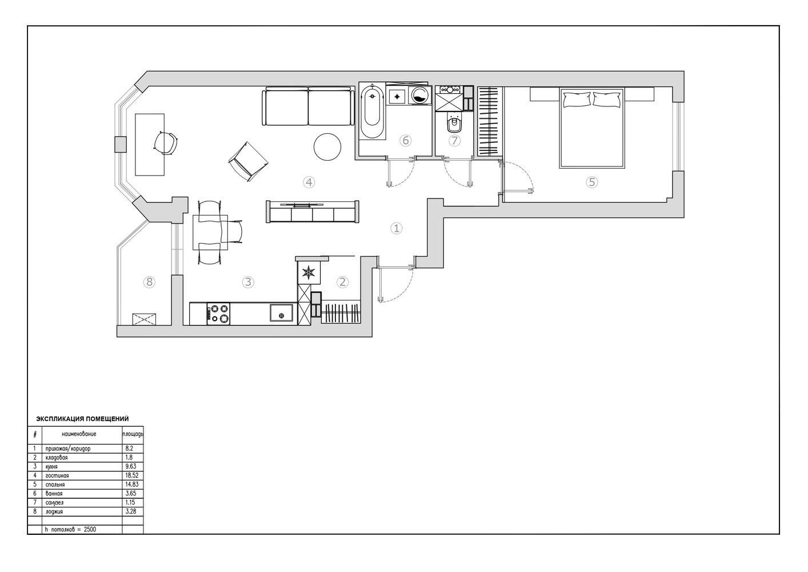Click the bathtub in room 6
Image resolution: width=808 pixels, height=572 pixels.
(372, 112)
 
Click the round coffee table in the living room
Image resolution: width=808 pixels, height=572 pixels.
(327, 147)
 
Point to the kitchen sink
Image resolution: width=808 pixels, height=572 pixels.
(281, 313)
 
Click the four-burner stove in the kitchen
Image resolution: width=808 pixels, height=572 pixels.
(218, 313)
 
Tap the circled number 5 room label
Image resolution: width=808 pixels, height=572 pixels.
(591, 182)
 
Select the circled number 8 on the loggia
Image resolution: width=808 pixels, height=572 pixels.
(149, 281)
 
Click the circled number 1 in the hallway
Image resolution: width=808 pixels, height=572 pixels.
(397, 228)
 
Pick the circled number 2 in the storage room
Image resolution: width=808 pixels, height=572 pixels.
(342, 282)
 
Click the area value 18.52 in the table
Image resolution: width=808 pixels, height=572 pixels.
(131, 475)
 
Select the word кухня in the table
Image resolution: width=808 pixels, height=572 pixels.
(51, 467)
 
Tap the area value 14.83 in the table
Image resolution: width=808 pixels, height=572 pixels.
(131, 484)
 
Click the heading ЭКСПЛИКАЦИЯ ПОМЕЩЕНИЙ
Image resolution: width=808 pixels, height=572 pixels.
(83, 419)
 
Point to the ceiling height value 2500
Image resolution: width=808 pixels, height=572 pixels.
(90, 530)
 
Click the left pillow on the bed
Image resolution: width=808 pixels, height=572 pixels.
(577, 100)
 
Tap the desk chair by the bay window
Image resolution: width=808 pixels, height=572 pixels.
(166, 142)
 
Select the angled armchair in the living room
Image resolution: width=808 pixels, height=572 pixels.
(248, 161)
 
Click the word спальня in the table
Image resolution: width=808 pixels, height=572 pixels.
(55, 484)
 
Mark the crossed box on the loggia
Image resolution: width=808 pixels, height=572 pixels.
(144, 319)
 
